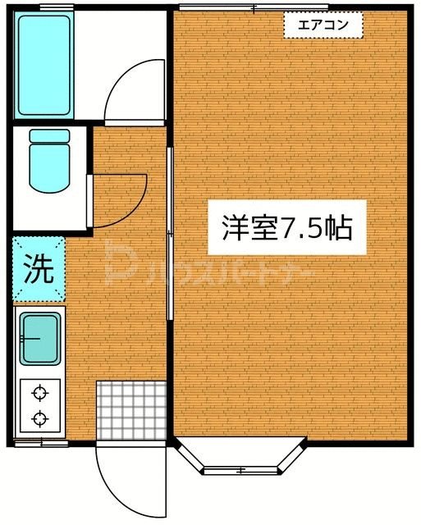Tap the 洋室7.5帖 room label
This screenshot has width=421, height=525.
(287, 227)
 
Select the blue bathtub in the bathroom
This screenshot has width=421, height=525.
(46, 65)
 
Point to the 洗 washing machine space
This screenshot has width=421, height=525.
(38, 269)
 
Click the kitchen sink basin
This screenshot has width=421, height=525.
(40, 339)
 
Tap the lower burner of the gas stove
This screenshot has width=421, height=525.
(39, 418)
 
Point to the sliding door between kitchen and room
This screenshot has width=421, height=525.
(170, 234)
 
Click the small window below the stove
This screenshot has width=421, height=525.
(40, 444)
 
